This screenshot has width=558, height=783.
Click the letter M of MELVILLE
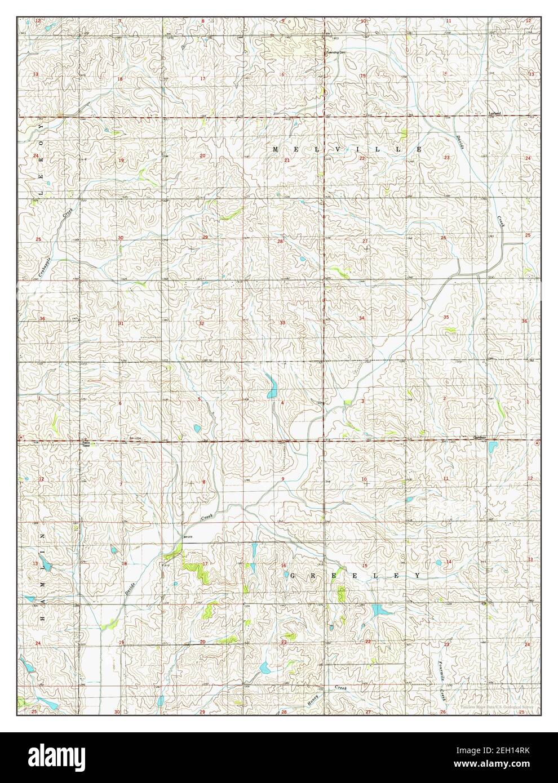click(276, 149)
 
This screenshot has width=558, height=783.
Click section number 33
click(282, 323)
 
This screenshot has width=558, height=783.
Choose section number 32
click(201, 323)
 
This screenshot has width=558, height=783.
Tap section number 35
click(445, 318)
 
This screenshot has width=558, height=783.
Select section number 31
click(120, 323)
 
